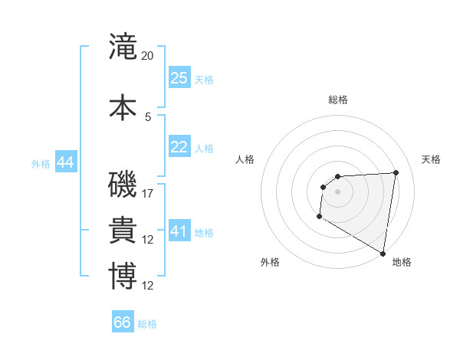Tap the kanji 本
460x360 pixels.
[123, 107]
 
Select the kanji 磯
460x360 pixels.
[123, 185]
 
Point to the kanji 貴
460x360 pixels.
[123, 231]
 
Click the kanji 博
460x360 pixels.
[123, 276]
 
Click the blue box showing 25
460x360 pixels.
[179, 78]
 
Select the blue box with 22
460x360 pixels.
[179, 147]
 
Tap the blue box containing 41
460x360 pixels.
[179, 231]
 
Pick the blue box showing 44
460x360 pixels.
[65, 162]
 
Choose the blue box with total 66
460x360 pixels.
[123, 322]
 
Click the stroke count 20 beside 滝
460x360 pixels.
[148, 56]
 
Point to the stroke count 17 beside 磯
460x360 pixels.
[148, 194]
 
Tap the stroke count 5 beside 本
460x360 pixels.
[148, 116]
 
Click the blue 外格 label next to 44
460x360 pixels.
[41, 163]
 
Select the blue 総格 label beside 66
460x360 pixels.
[147, 324]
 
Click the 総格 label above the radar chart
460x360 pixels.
[337, 100]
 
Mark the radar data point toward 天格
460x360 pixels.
[396, 172]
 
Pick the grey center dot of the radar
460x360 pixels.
[337, 191]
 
